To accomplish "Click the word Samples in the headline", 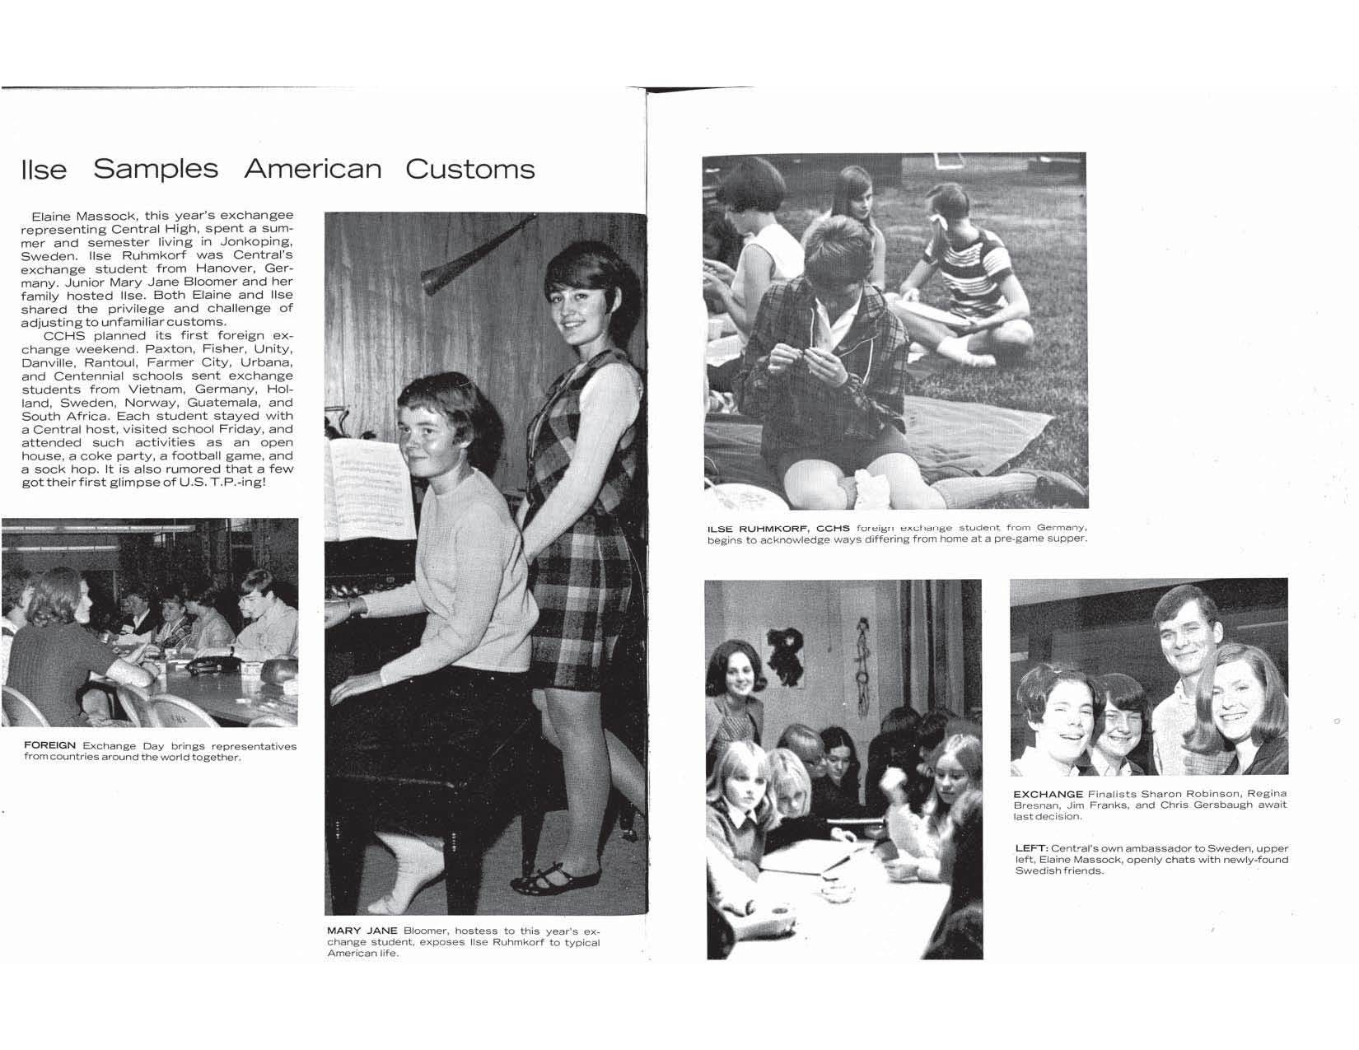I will pos(156,169).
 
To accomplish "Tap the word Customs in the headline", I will pos(470,169).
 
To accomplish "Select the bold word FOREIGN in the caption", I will pos(50,745).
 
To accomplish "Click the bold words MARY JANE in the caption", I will pos(362,931).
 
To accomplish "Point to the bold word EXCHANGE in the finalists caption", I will pos(1048,794).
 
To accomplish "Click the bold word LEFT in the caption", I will pos(1030,848).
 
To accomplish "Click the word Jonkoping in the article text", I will pos(257,242).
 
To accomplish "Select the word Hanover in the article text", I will pos(219,268).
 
